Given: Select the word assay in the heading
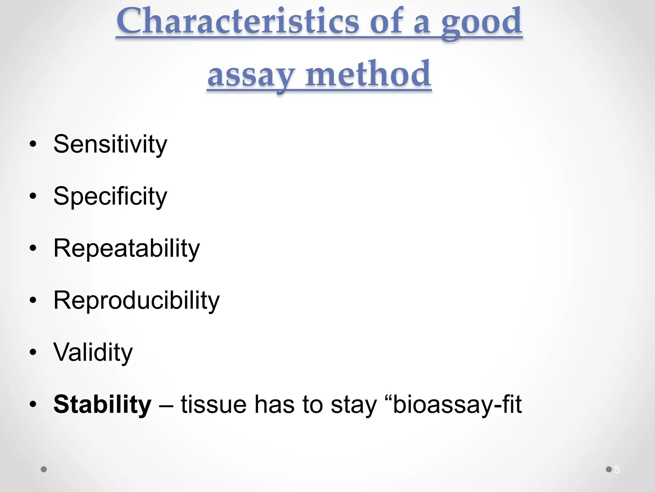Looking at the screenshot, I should pyautogui.click(x=250, y=75).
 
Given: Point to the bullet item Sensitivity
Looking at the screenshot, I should pyautogui.click(x=110, y=144).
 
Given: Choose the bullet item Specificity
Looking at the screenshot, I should pyautogui.click(x=110, y=196).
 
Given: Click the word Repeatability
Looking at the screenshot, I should pyautogui.click(x=126, y=249).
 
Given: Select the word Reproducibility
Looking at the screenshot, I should pyautogui.click(x=136, y=300).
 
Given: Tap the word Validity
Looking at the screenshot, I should pyautogui.click(x=93, y=352).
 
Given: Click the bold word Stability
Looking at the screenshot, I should pyautogui.click(x=102, y=405).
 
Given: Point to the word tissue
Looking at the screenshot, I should pyautogui.click(x=213, y=405).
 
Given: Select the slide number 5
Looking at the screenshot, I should pyautogui.click(x=617, y=470).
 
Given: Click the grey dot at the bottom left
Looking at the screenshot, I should pyautogui.click(x=44, y=469).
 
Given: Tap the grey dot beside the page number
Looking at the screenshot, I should pyautogui.click(x=609, y=469).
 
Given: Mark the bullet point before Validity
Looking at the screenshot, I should pyautogui.click(x=33, y=352).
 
